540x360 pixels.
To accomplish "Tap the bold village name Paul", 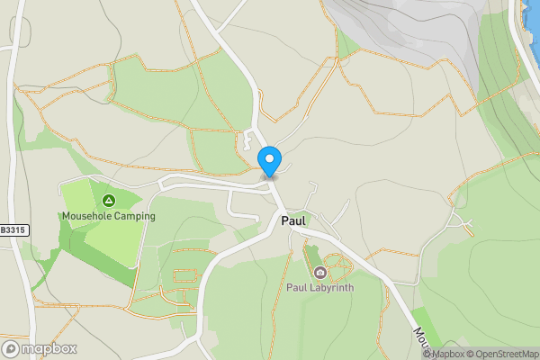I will click(294, 220).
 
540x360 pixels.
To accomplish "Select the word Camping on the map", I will click(133, 216).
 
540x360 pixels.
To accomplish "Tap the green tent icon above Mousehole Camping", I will click(109, 200).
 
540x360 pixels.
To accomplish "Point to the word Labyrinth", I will click(330, 288).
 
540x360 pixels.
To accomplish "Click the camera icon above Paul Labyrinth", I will click(319, 273).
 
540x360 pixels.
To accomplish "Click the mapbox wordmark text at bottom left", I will click(49, 348).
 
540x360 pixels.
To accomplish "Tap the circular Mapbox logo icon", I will click(12, 348).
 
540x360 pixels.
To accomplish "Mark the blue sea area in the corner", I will click(532, 18).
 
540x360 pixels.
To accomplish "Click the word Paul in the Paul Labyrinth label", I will click(296, 288).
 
